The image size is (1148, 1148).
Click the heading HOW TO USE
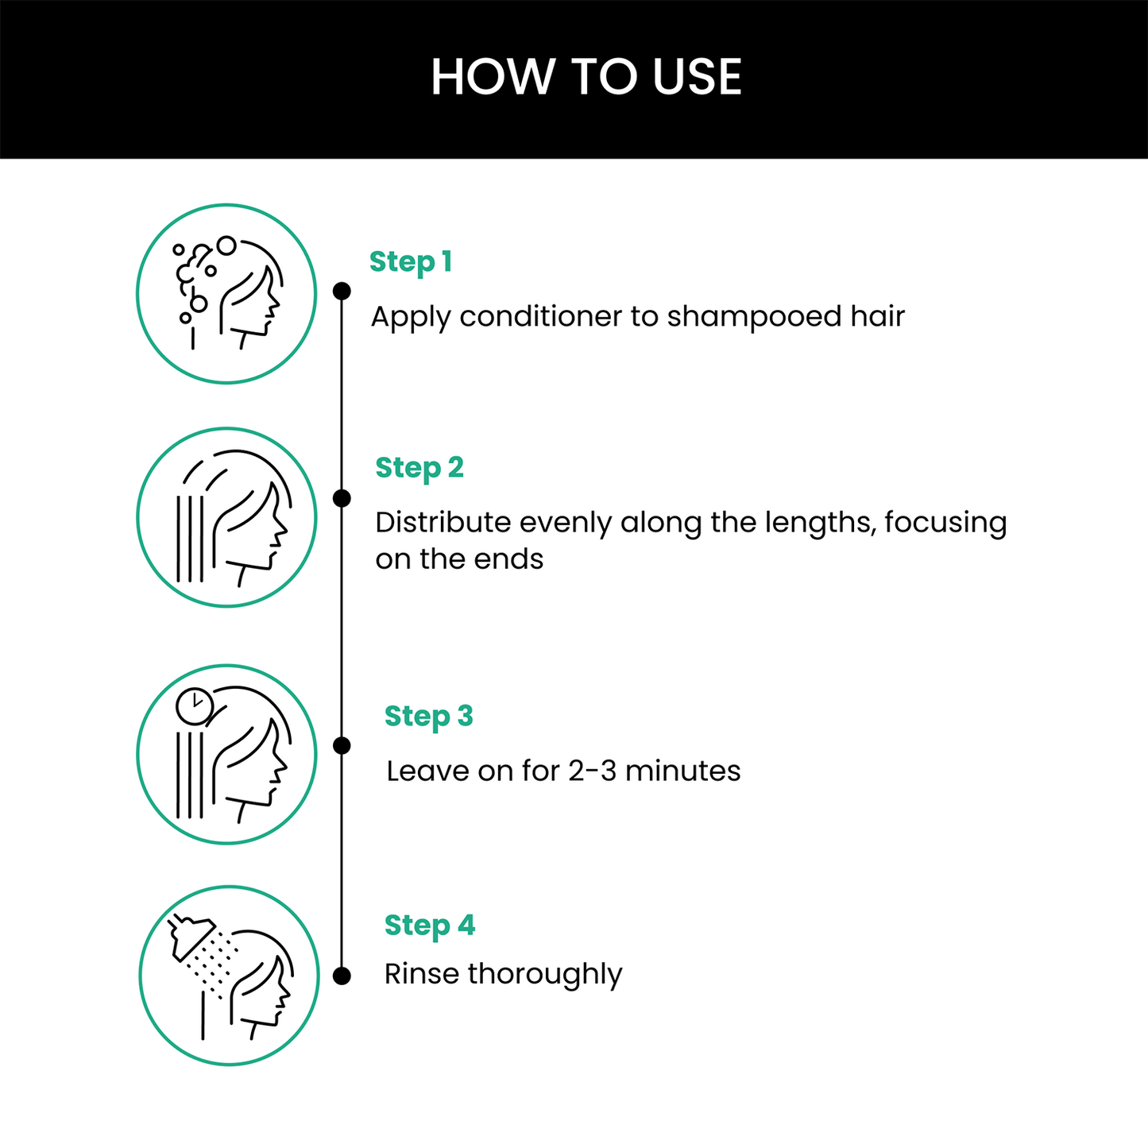[586, 77]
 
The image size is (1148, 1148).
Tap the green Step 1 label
[410, 261]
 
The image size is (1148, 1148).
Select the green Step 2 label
[419, 468]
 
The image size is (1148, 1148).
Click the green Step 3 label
[428, 717]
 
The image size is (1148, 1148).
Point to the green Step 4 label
[429, 926]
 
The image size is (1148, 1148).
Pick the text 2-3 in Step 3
[592, 771]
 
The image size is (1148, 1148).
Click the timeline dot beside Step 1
[342, 291]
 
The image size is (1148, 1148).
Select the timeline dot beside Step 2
[342, 498]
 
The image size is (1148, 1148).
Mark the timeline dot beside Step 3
[342, 745]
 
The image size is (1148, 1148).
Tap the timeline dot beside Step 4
[342, 976]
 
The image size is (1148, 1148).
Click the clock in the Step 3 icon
[194, 706]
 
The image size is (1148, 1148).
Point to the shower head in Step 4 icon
[191, 937]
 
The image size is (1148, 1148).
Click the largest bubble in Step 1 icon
[226, 245]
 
